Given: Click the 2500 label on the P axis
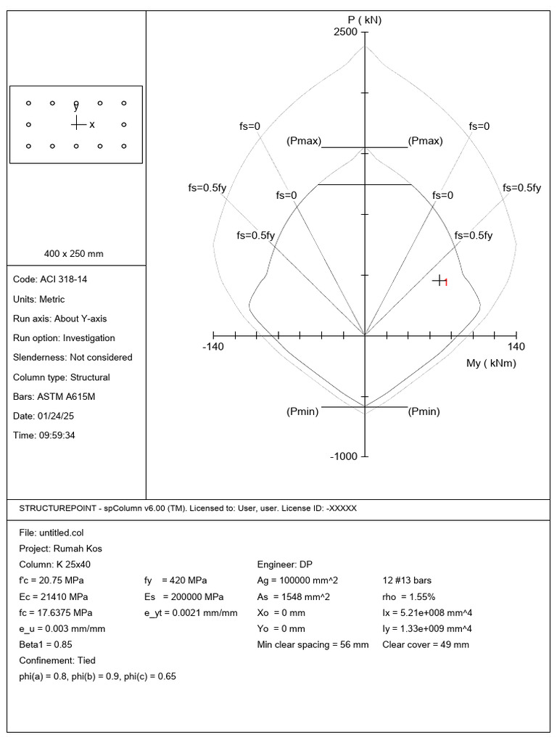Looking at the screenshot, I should (x=346, y=33).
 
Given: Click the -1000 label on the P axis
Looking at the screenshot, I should (x=344, y=456).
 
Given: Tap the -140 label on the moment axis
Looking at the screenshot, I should (x=213, y=347).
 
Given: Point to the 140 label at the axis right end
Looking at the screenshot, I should (x=516, y=347).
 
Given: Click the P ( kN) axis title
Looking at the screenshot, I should (x=364, y=20).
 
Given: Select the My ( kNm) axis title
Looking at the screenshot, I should (x=491, y=363).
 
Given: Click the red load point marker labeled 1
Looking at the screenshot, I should (x=440, y=281).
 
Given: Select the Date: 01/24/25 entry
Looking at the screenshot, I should (x=49, y=416).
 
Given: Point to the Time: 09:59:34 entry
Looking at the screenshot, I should (x=49, y=435).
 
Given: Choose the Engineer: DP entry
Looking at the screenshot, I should (x=285, y=565).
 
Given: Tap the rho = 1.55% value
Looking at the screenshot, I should (x=408, y=596).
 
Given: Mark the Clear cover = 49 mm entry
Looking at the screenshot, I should (x=425, y=644).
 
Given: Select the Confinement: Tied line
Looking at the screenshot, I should (x=57, y=660).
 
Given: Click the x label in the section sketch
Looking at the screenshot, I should (x=92, y=125).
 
